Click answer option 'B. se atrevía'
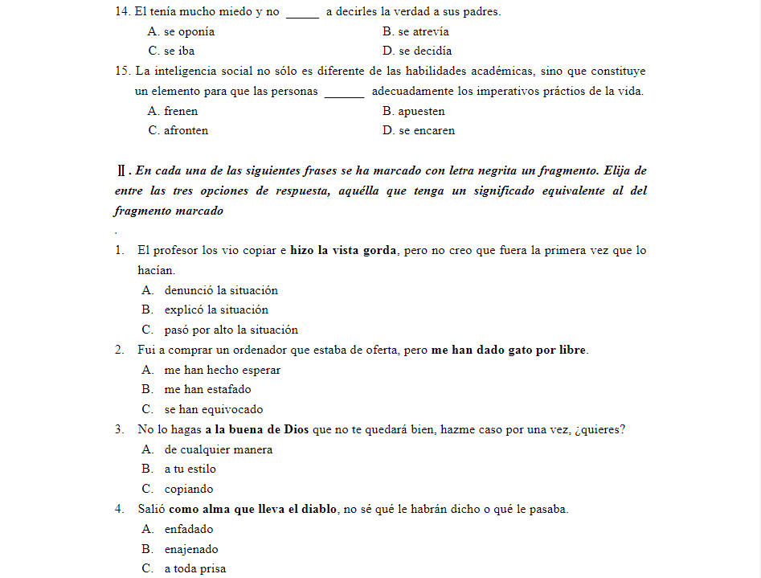point(415,32)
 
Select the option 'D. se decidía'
point(417,51)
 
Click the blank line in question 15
point(344,92)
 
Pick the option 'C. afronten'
point(178,131)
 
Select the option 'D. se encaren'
point(419,131)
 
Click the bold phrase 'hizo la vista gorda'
point(344,251)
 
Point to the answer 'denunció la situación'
point(221,291)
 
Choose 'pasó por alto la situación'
point(231,330)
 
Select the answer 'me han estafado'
point(207,390)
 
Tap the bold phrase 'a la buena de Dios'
point(256,429)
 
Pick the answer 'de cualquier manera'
point(218,450)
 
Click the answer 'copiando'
point(189,490)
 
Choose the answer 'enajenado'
point(191,550)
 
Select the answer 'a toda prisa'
point(195,569)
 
